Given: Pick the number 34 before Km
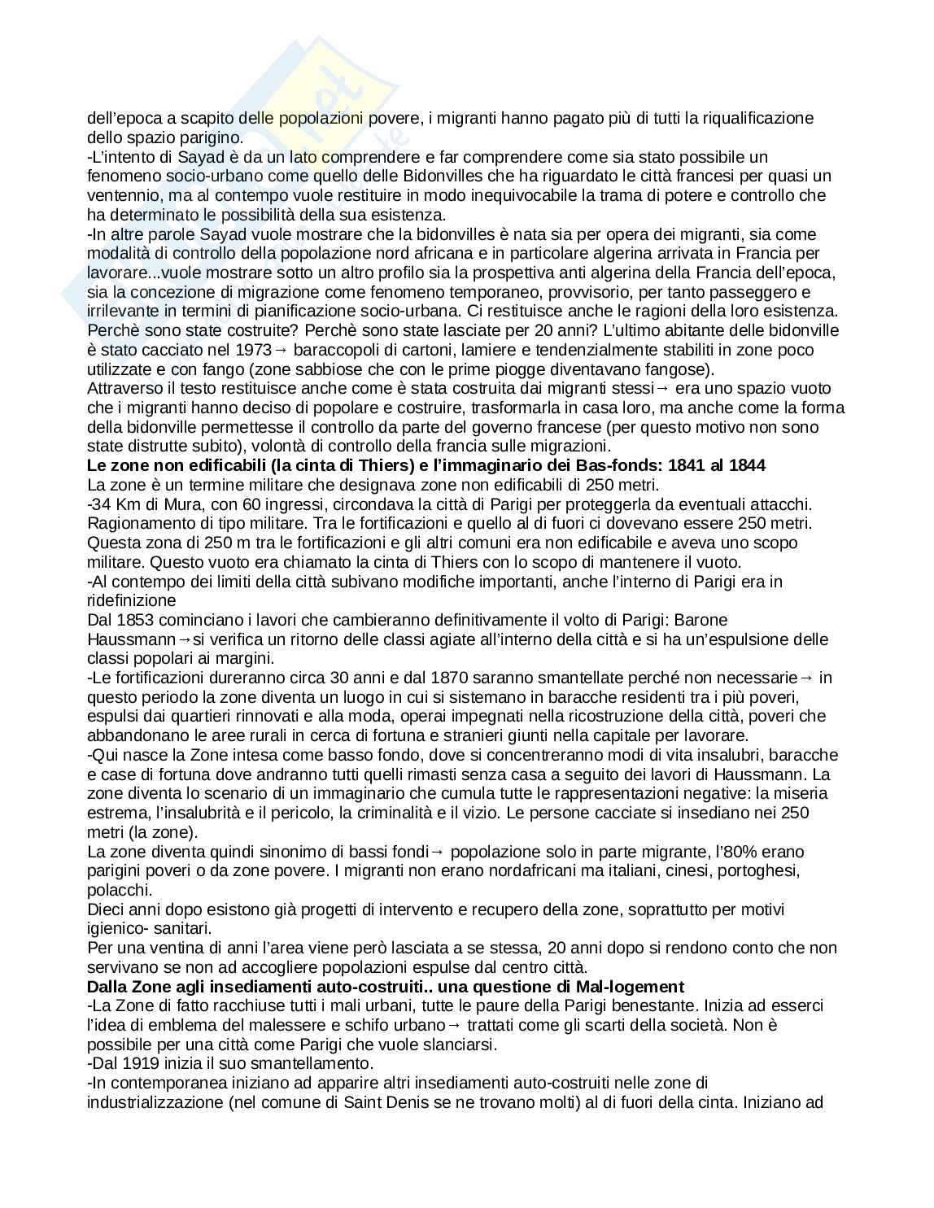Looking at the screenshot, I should pyautogui.click(x=100, y=504).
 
